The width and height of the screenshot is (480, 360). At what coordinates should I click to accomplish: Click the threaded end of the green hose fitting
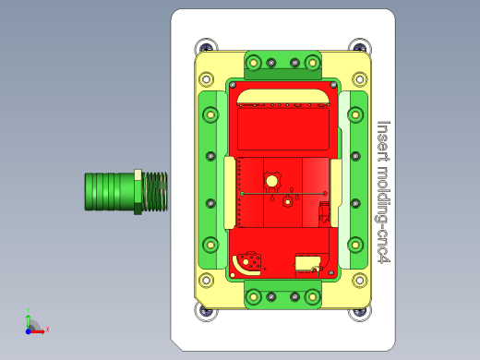[x=155, y=191]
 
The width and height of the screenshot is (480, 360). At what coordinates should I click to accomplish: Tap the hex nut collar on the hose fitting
[x=138, y=191]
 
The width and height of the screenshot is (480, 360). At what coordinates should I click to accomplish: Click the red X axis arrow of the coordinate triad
[x=42, y=329]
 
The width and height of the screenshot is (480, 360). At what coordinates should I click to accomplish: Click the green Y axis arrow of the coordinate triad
[x=29, y=316]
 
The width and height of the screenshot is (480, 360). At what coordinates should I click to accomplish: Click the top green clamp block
[x=282, y=65]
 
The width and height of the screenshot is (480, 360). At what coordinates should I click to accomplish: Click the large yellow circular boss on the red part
[x=272, y=179]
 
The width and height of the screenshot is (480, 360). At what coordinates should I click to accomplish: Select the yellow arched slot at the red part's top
[x=282, y=96]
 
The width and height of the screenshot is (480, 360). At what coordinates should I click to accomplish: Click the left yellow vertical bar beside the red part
[x=230, y=192]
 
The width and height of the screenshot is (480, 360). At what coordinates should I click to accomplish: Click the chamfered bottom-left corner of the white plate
[x=179, y=342]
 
